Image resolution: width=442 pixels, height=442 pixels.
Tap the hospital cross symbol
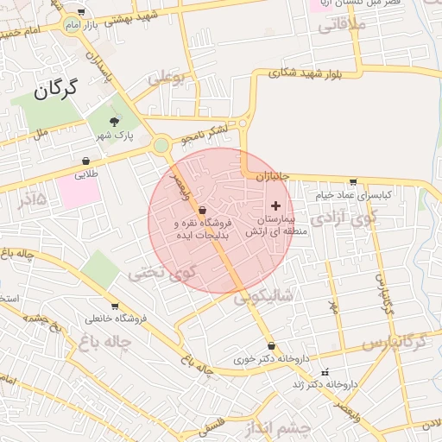276,205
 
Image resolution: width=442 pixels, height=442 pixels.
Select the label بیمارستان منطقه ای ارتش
270,226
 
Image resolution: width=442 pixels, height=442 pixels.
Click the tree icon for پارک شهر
114,121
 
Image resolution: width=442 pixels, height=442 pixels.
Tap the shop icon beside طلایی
86,161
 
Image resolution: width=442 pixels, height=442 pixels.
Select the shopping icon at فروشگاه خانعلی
115,306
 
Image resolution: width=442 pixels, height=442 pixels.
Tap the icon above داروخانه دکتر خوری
271,345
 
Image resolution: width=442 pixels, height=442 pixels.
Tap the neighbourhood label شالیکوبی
263,296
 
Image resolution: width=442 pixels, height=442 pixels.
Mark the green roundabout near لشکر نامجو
161,145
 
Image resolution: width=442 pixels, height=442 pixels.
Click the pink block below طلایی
79,191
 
